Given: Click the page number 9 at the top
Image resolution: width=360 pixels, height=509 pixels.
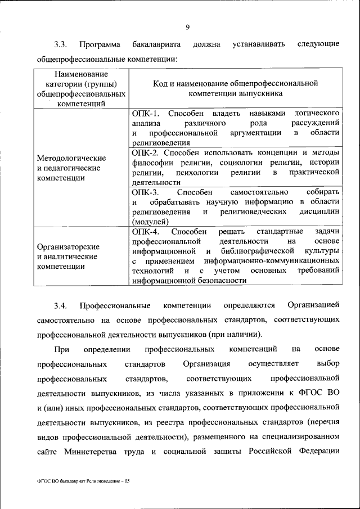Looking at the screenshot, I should tap(187, 25).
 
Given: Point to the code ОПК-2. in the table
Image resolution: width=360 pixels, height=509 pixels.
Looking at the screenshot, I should tap(145, 153).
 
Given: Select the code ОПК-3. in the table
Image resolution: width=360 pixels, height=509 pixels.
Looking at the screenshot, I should tap(145, 192).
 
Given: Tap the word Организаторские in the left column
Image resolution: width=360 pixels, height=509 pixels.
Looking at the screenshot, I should tap(68, 247).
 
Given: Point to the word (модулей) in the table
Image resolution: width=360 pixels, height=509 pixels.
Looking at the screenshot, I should tap(150, 222).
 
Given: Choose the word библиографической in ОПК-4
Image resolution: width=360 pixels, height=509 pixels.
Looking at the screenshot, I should tap(258, 251).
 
